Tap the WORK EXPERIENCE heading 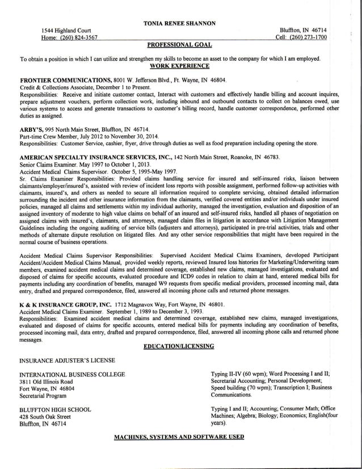181,66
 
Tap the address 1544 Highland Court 68,30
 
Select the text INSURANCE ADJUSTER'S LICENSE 68,360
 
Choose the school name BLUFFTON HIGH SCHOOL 55,409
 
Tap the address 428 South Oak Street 45,416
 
